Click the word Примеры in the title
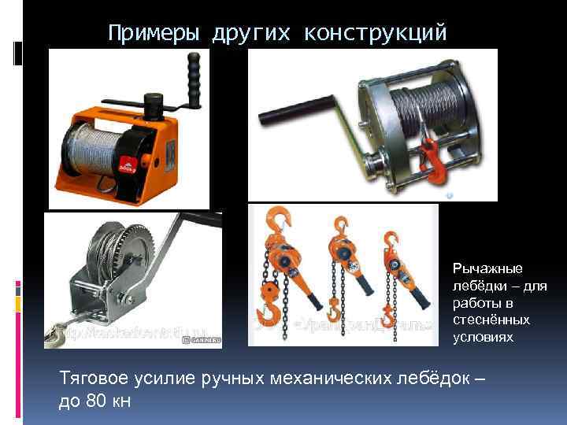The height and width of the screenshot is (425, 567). tap(154, 33)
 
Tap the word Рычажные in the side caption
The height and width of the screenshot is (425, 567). tap(481, 268)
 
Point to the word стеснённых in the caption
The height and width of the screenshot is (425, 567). tap(491, 320)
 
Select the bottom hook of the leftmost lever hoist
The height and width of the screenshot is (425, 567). tap(269, 315)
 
